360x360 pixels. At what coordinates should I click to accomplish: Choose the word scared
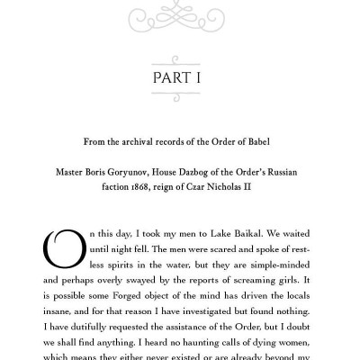[x=202, y=251]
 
